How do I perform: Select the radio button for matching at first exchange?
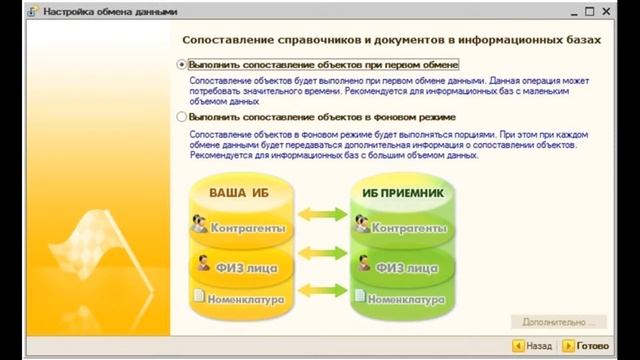pyautogui.click(x=182, y=63)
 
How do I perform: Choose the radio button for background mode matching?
pyautogui.click(x=182, y=117)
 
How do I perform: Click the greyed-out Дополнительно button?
pyautogui.click(x=557, y=322)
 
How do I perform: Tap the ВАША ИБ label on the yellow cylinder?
pyautogui.click(x=238, y=191)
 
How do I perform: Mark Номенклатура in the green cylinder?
pyautogui.click(x=404, y=298)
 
